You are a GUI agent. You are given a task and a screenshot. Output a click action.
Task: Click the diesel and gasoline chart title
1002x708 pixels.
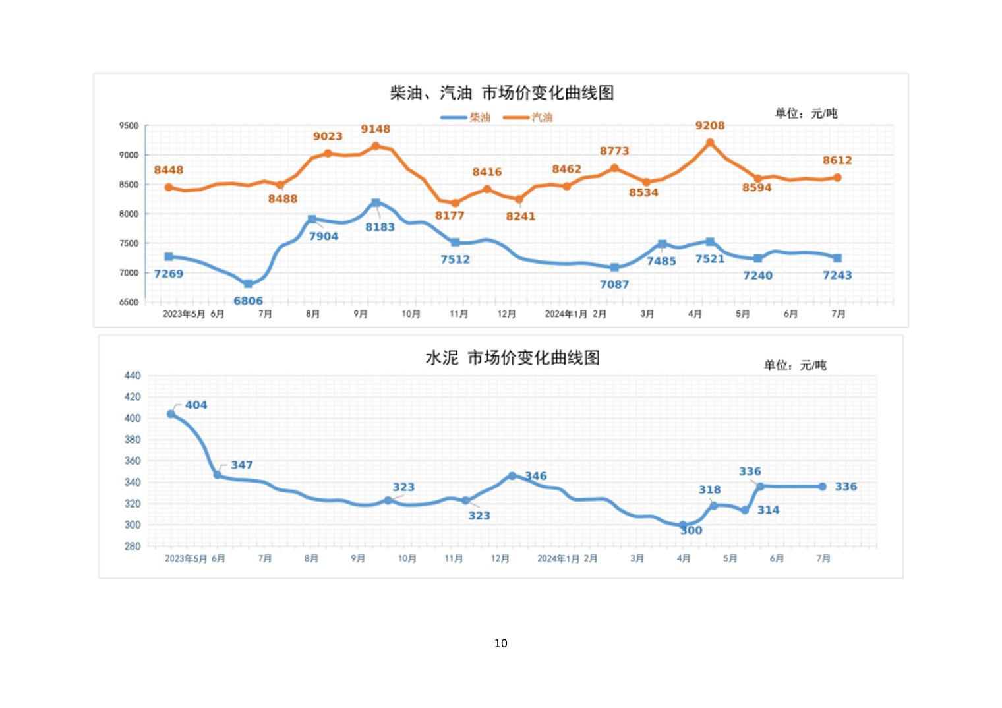[x=502, y=93]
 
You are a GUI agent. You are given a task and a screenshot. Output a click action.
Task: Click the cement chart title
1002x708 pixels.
[x=512, y=358]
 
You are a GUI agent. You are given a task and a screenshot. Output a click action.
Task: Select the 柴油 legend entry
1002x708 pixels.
[x=466, y=117]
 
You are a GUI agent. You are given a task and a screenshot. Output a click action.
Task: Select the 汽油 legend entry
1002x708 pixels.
[x=528, y=117]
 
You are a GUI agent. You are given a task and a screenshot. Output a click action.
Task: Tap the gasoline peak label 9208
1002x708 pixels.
[x=709, y=125]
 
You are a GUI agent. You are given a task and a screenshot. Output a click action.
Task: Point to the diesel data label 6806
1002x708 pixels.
[x=248, y=301]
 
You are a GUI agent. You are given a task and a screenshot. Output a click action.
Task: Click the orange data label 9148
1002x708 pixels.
[x=375, y=129]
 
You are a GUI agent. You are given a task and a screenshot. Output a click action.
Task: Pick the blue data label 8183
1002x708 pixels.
[x=380, y=227]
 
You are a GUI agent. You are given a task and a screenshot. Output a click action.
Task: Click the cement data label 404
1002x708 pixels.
[x=196, y=405]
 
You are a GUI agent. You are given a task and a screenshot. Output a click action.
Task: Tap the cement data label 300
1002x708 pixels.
[x=691, y=530]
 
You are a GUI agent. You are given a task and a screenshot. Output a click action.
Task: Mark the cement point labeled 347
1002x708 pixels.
[x=218, y=475]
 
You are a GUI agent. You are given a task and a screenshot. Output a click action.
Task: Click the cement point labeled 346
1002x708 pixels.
[x=512, y=476]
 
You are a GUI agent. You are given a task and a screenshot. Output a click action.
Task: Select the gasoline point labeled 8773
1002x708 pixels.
[x=614, y=168]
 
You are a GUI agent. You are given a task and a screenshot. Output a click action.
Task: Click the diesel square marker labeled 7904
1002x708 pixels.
[x=312, y=219]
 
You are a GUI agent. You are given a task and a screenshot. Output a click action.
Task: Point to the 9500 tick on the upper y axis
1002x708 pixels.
[x=129, y=125]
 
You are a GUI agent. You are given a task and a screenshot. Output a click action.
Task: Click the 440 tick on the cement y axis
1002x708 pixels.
[x=132, y=376]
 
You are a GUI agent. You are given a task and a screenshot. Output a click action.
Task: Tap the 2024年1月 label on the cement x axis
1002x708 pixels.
[x=558, y=558]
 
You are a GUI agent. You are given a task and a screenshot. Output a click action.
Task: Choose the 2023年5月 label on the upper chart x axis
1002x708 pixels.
[x=184, y=314]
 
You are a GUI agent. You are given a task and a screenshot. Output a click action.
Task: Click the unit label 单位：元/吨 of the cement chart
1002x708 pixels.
[x=794, y=365]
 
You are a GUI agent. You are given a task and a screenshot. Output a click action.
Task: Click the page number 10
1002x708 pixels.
[x=500, y=643]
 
